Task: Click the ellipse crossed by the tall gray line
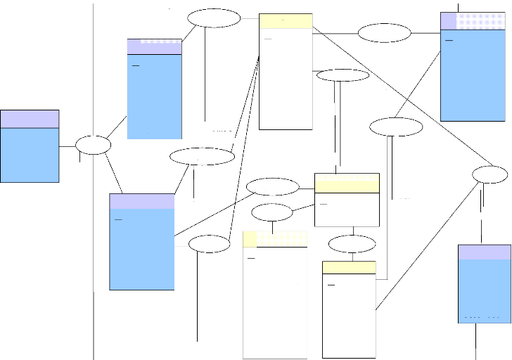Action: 93,145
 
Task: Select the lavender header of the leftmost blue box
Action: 30,119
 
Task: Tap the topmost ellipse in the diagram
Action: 214,18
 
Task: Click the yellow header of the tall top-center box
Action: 286,21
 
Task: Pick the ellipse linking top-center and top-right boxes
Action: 384,33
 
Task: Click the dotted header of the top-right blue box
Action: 472,21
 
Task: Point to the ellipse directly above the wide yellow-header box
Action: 343,75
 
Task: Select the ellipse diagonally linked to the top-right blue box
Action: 396,127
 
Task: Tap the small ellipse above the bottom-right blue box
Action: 489,174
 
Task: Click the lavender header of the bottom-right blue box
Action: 484,252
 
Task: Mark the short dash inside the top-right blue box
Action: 449,40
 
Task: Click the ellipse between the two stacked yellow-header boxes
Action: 352,245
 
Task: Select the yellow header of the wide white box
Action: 347,183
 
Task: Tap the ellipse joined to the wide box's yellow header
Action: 273,187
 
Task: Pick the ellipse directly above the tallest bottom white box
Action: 271,212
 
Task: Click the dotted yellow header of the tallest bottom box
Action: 275,239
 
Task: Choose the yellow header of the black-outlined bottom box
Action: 349,268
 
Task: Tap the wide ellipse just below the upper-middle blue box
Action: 202,156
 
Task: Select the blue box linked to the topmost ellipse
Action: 155,89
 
